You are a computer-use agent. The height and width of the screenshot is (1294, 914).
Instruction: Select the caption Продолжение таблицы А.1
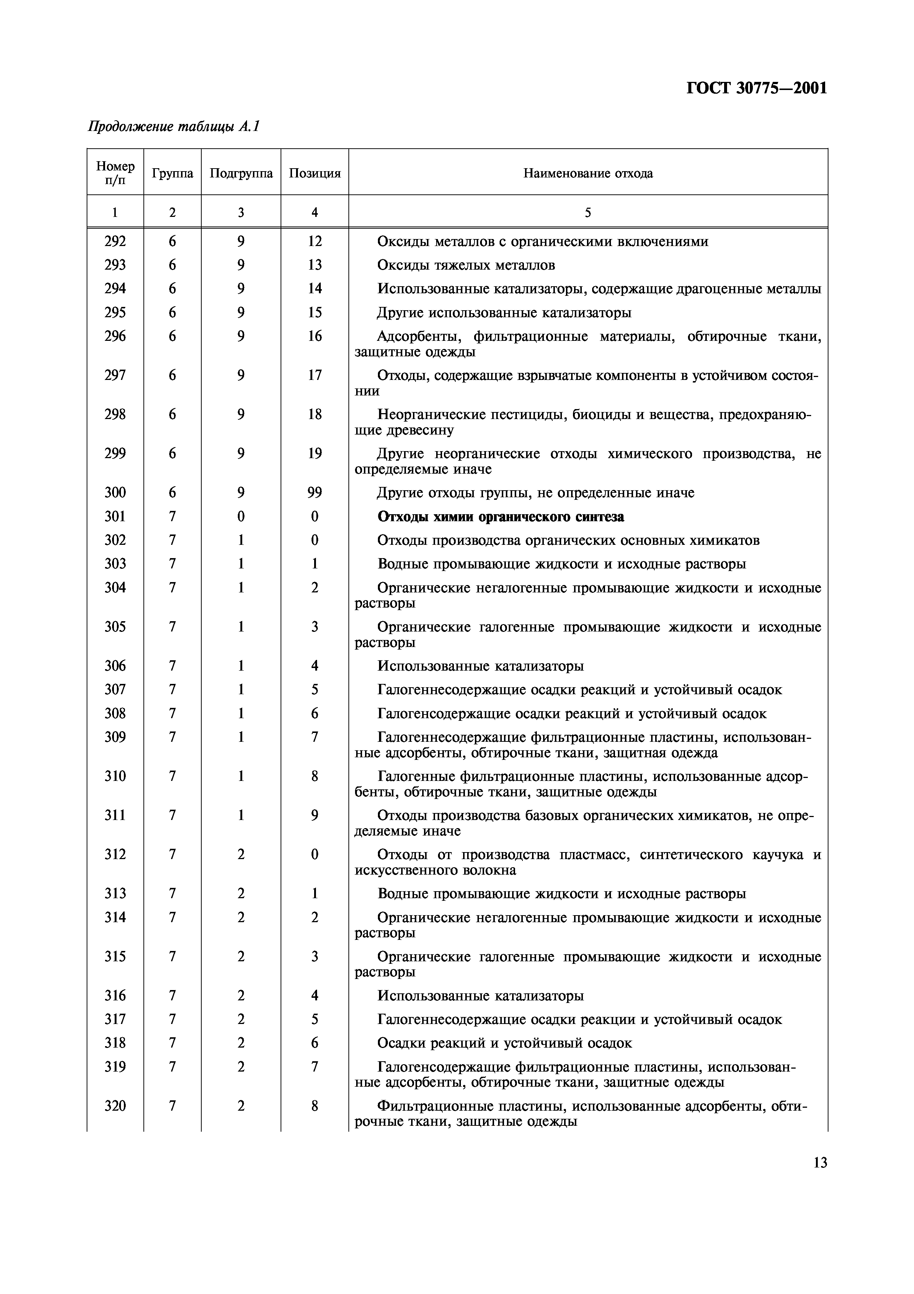click(x=173, y=127)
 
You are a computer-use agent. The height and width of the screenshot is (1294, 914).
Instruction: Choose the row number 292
click(x=115, y=242)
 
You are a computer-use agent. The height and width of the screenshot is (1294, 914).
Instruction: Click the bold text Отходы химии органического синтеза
click(x=500, y=517)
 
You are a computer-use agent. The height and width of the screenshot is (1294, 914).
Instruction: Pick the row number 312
click(x=115, y=854)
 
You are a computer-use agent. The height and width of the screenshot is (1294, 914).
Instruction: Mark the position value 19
click(x=315, y=454)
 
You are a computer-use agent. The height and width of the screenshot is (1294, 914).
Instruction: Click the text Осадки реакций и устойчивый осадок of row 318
click(x=504, y=1043)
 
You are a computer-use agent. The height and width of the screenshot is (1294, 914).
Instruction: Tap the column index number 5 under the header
click(x=588, y=212)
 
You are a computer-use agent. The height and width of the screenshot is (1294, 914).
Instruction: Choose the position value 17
click(x=315, y=376)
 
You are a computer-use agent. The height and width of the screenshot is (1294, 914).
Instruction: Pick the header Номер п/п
click(x=115, y=173)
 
